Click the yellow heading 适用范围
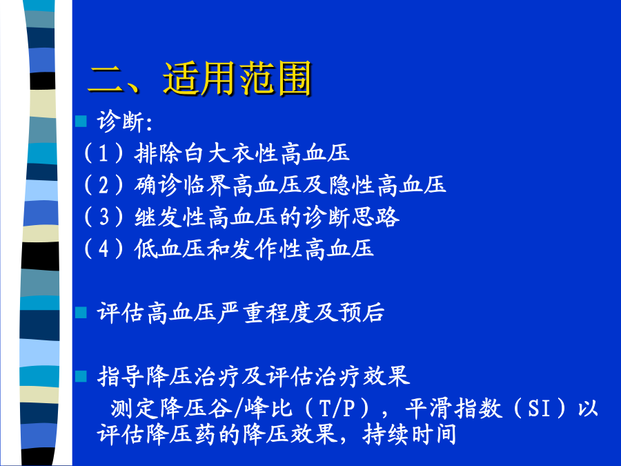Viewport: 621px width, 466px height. [237, 79]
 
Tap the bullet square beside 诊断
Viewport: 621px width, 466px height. [81, 122]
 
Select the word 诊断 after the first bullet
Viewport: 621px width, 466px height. [120, 122]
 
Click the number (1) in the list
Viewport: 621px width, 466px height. [103, 153]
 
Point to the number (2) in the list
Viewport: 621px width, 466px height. [103, 185]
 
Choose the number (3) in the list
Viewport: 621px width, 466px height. [103, 217]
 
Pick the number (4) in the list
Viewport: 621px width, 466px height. [103, 249]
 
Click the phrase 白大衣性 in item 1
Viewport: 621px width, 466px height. [230, 153]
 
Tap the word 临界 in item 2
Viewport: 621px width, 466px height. [207, 185]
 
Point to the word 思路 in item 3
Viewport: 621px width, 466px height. [375, 217]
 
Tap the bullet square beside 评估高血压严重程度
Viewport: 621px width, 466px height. [81, 313]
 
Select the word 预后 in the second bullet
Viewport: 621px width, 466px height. [361, 313]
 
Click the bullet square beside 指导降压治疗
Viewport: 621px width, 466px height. [81, 376]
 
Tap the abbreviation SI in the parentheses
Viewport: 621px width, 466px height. [540, 408]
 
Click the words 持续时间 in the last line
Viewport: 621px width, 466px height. [409, 435]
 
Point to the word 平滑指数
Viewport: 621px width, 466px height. [453, 408]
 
